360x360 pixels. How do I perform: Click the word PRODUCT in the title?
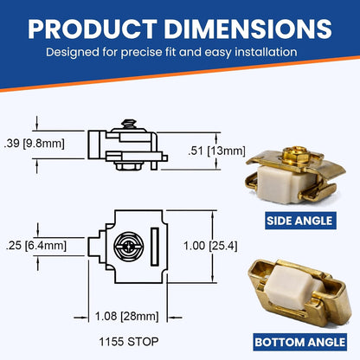coord(93,29)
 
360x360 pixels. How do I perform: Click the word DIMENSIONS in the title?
coord(248,29)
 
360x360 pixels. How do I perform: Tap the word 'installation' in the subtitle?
coord(266,52)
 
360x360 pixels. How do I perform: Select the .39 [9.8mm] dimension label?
coord(35,143)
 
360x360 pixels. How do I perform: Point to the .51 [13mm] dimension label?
coord(216,151)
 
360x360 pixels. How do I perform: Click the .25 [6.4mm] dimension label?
coord(36,246)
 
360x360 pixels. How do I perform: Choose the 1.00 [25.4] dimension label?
coord(210,246)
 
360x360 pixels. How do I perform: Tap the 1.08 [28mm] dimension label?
coord(127,316)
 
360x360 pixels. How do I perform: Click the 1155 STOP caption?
coord(129,342)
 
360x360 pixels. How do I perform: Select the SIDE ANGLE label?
coord(300,221)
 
